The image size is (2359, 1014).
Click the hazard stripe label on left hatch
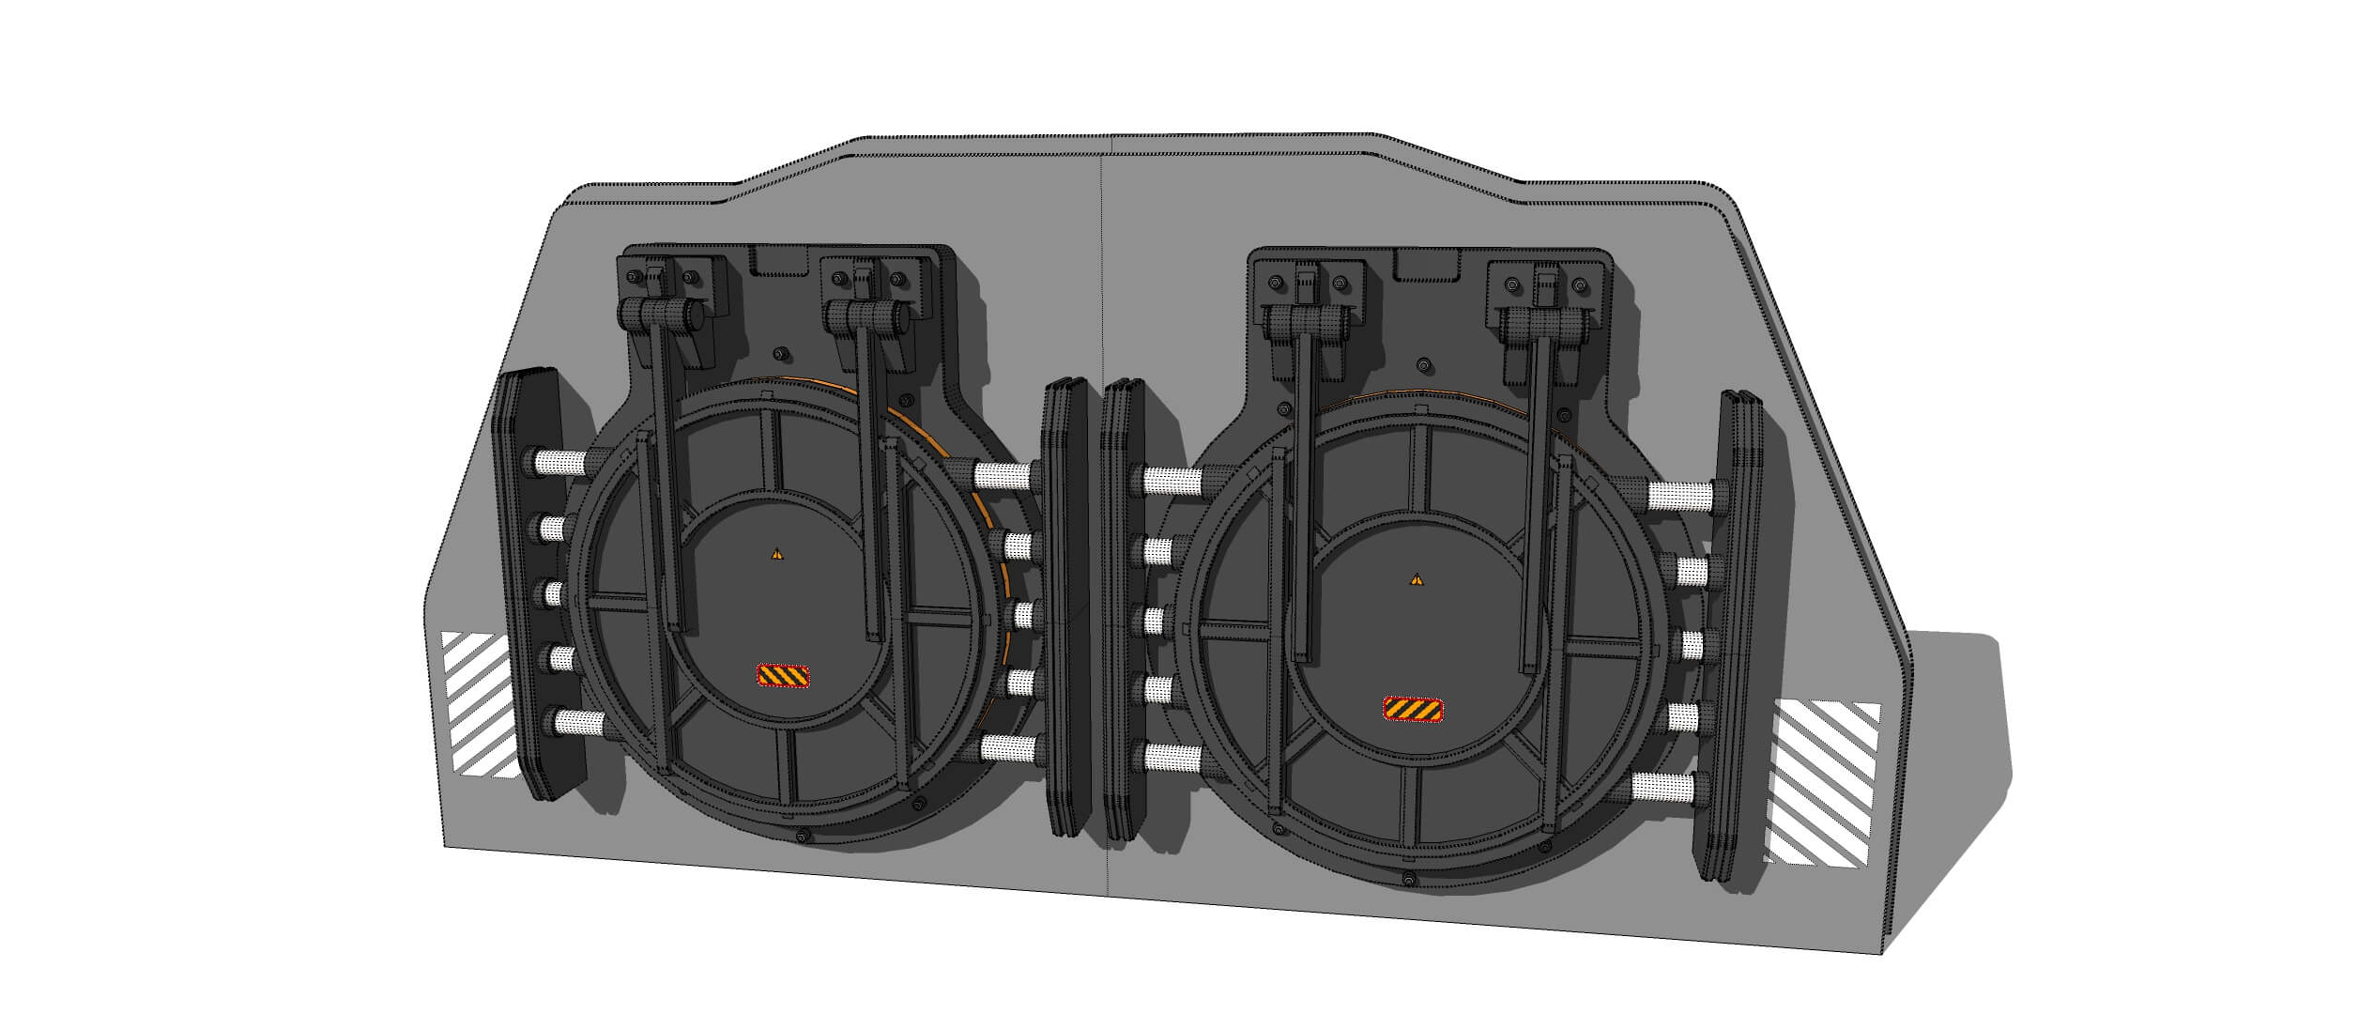click(x=783, y=676)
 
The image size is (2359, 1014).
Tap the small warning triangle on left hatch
click(x=776, y=555)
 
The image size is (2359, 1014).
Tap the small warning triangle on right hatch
click(x=1416, y=579)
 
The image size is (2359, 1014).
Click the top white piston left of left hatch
click(x=559, y=461)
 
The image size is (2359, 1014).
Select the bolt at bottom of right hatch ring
click(x=1408, y=879)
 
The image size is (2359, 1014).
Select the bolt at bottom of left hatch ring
click(x=800, y=836)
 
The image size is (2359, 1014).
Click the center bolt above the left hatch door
click(x=779, y=354)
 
